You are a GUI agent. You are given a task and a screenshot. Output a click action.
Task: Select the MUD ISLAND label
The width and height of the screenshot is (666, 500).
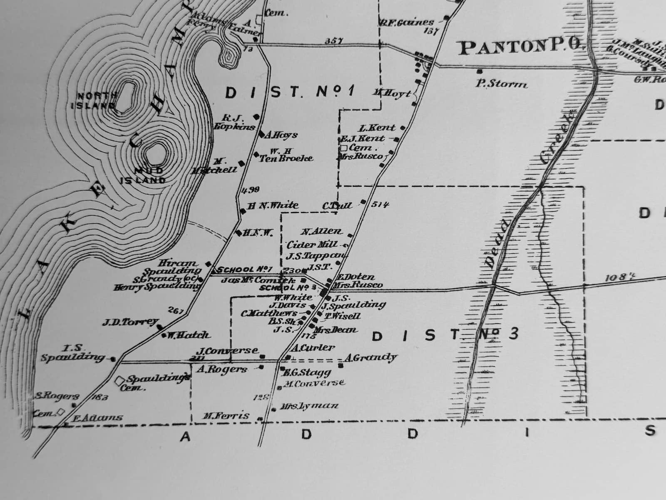pyautogui.click(x=142, y=175)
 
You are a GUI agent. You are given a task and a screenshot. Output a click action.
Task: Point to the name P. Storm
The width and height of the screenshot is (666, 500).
pyautogui.click(x=501, y=84)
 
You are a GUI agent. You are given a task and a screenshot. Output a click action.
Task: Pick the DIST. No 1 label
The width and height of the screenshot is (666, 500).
pyautogui.click(x=289, y=92)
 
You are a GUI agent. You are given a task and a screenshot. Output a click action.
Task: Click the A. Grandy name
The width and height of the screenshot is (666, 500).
pyautogui.click(x=370, y=357)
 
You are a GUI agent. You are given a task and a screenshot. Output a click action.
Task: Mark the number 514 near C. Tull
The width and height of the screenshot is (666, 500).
pyautogui.click(x=380, y=204)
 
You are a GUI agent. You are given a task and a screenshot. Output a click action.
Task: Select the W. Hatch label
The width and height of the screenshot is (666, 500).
pyautogui.click(x=188, y=335)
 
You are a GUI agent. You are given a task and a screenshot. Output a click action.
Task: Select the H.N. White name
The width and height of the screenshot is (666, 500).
pyautogui.click(x=273, y=205)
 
